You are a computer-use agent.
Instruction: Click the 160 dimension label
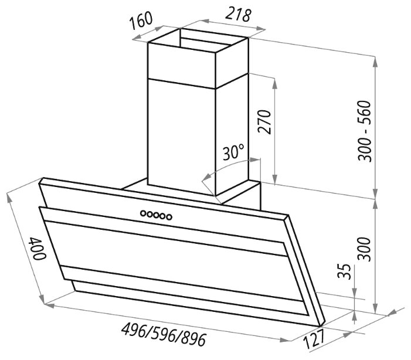coord(141,21)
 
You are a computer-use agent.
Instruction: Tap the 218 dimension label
coord(238,15)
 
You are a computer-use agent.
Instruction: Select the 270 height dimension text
coord(264,122)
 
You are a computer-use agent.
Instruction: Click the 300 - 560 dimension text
coord(365,131)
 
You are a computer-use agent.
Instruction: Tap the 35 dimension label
coord(344,272)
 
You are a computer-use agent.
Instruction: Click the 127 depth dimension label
coord(314,338)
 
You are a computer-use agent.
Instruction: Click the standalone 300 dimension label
coord(365,249)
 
